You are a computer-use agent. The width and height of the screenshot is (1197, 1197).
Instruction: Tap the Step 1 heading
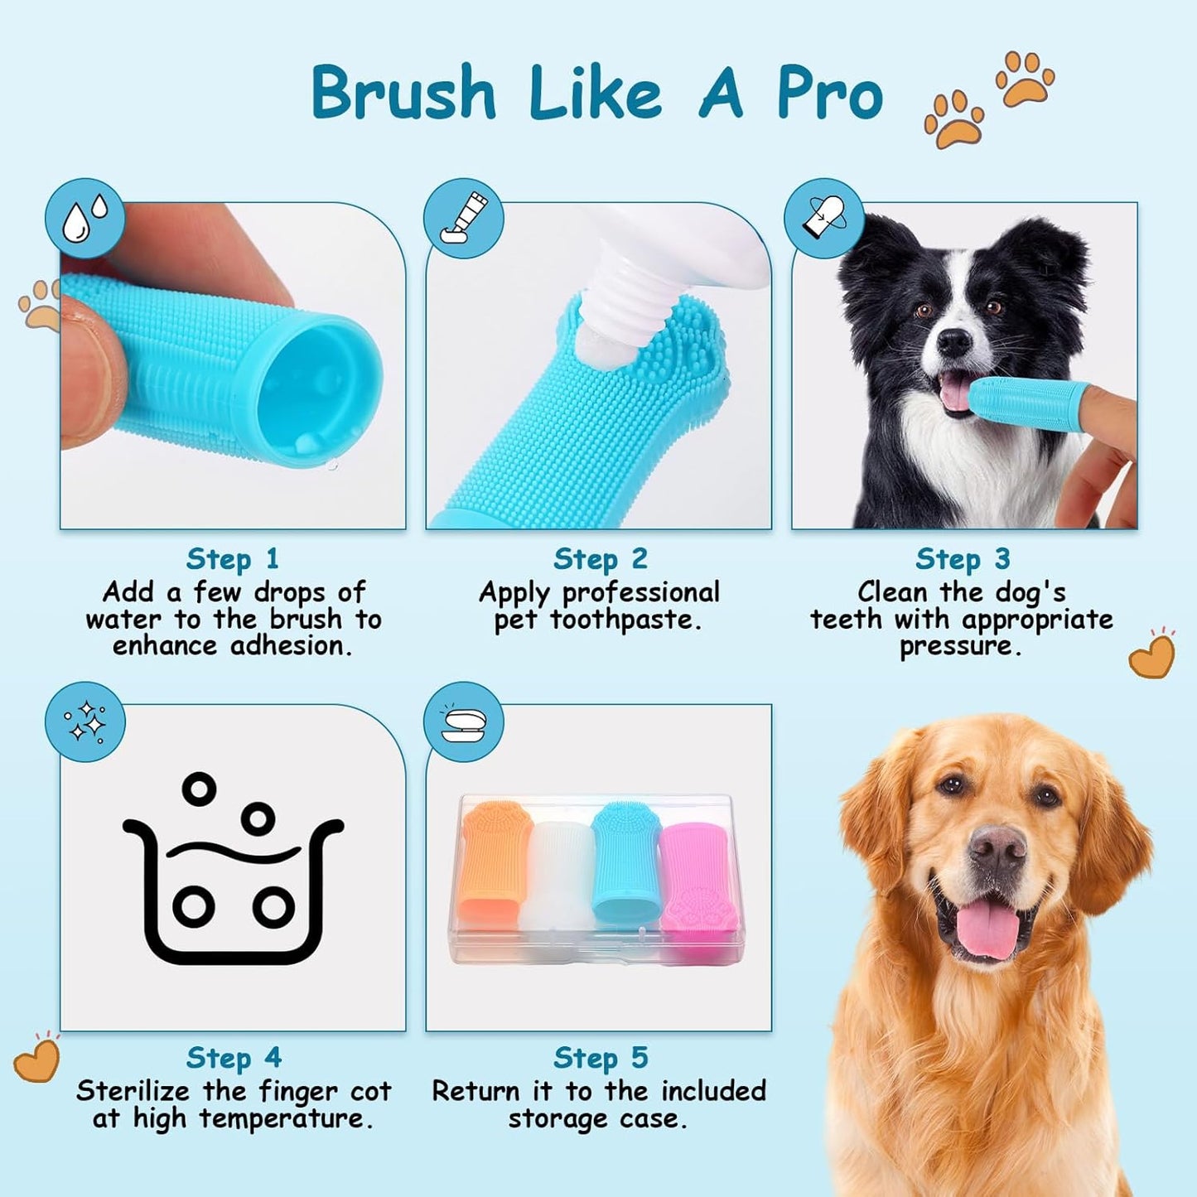tap(232, 559)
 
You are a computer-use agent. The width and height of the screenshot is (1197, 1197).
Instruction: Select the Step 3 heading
tap(963, 560)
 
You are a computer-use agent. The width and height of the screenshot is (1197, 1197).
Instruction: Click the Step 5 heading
tap(601, 1059)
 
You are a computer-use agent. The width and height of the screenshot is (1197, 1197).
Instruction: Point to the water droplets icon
tap(85, 218)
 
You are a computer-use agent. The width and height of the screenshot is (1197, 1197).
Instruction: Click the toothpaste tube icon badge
tap(464, 219)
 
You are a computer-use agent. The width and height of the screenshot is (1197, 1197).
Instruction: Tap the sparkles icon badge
tap(85, 722)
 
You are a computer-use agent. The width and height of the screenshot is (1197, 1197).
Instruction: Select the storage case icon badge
tap(464, 722)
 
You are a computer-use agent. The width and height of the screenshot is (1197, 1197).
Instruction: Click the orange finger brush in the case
tap(495, 862)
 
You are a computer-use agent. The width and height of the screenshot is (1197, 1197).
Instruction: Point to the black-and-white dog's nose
tap(953, 340)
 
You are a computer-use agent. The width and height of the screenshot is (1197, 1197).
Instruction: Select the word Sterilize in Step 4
tap(133, 1092)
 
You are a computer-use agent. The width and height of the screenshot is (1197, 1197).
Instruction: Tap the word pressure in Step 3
tap(960, 646)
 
